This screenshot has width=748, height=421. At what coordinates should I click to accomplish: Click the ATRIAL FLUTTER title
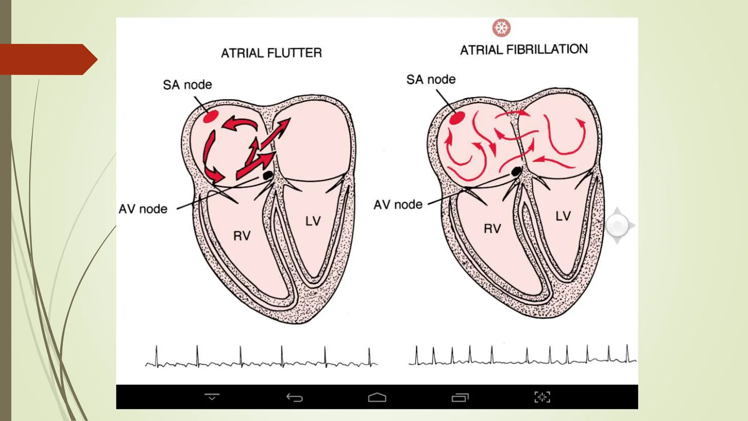[x=271, y=53]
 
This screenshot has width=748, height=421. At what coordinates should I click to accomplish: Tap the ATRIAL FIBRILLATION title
[x=524, y=49]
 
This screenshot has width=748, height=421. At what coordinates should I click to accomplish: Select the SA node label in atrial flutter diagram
[x=187, y=85]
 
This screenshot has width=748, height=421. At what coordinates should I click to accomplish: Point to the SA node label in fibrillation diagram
[x=431, y=79]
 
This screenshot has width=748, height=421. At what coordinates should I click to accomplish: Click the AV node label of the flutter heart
[x=143, y=209]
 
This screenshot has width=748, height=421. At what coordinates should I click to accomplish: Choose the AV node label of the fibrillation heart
[x=398, y=205]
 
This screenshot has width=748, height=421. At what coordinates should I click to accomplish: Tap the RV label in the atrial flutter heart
[x=242, y=236]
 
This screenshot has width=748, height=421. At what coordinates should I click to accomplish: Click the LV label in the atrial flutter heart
[x=313, y=221]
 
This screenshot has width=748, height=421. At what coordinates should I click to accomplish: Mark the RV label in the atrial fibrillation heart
[x=492, y=229]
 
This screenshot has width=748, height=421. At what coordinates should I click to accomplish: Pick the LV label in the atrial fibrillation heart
[x=563, y=216]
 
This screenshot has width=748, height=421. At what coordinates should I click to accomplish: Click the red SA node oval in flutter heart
[x=211, y=117]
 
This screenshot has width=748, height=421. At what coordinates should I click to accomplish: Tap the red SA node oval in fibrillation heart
[x=457, y=118]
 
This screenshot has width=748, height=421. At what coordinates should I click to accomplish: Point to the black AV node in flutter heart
[x=268, y=175]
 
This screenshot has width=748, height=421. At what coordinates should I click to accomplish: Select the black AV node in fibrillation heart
[x=516, y=171]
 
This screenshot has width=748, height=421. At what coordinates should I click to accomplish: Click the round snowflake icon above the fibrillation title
[x=501, y=28]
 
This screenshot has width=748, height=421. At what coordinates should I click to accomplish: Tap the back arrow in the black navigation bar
[x=294, y=397]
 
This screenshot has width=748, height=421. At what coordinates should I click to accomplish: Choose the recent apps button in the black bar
[x=460, y=397]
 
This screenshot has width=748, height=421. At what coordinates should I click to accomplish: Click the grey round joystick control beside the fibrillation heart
[x=618, y=225]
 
